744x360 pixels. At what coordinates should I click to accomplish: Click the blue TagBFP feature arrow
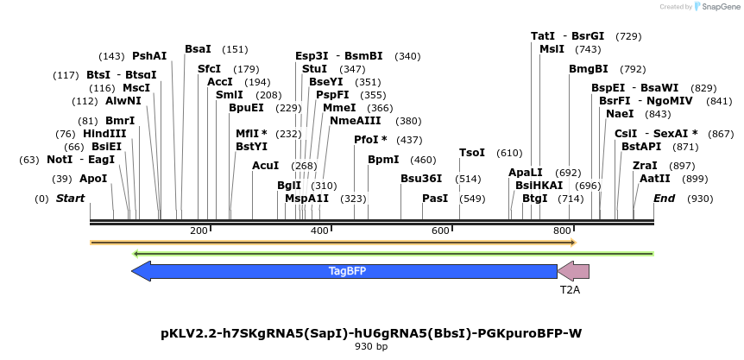345,271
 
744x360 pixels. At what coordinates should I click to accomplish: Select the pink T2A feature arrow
574,271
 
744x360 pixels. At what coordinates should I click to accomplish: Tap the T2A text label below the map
570,290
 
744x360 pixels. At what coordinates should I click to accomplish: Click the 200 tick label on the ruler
199,231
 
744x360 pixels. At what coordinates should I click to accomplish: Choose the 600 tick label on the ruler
441,231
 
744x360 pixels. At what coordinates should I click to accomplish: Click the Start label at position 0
71,199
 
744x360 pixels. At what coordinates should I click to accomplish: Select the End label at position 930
664,199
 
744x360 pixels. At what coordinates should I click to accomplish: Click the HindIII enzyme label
104,134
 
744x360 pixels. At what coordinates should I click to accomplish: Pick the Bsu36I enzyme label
421,179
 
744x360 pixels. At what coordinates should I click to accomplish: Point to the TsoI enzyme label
471,153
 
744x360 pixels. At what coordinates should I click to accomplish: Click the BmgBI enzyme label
589,69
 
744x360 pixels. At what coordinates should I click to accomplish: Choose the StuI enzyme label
314,69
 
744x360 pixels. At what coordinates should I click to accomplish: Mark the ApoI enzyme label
93,179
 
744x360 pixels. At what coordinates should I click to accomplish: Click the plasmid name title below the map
371,332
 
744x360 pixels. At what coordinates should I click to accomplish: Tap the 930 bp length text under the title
371,347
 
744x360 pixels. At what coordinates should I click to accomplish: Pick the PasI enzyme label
435,199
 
